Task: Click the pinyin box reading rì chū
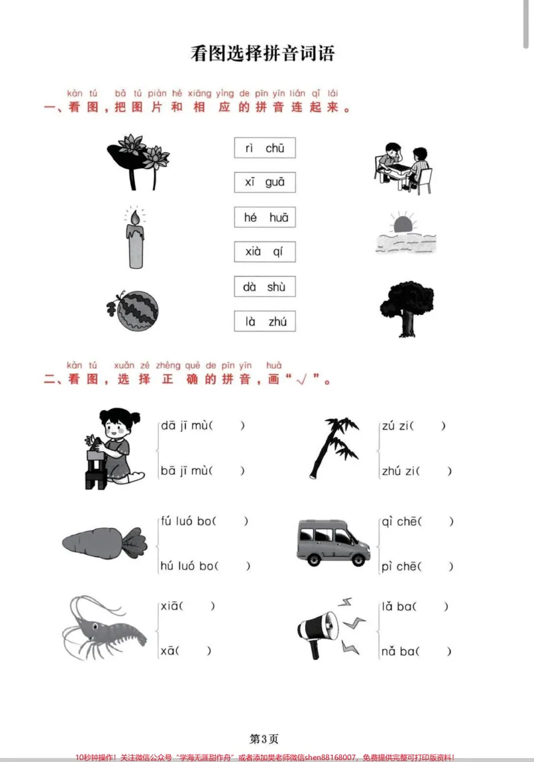click(264, 147)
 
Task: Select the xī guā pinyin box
click(264, 182)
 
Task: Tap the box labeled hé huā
click(264, 218)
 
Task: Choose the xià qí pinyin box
click(264, 252)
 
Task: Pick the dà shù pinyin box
click(264, 287)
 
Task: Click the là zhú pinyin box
click(264, 321)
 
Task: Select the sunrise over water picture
click(405, 234)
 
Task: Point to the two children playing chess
click(403, 168)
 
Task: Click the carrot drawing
click(105, 542)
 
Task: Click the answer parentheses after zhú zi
click(434, 471)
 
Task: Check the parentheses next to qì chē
click(436, 521)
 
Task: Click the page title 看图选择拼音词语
click(262, 53)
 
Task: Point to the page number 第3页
click(264, 739)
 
